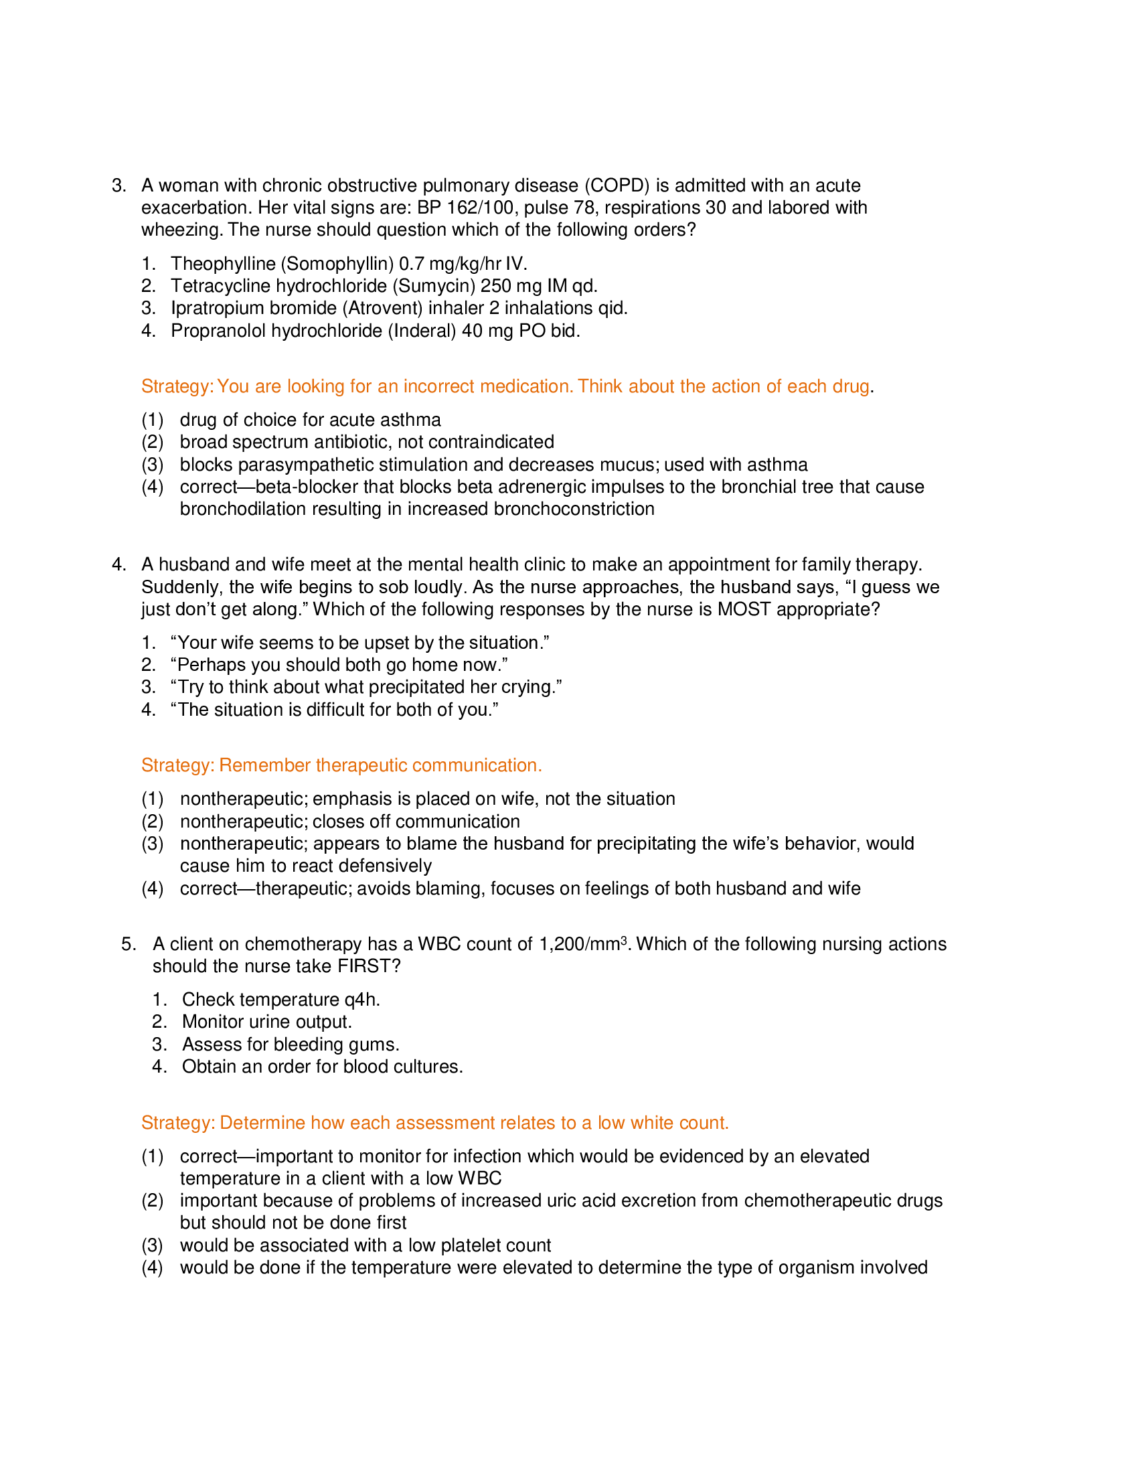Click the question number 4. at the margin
point(118,564)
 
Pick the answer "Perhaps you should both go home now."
point(339,665)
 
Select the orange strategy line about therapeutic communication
point(341,765)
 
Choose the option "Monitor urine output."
point(267,1022)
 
